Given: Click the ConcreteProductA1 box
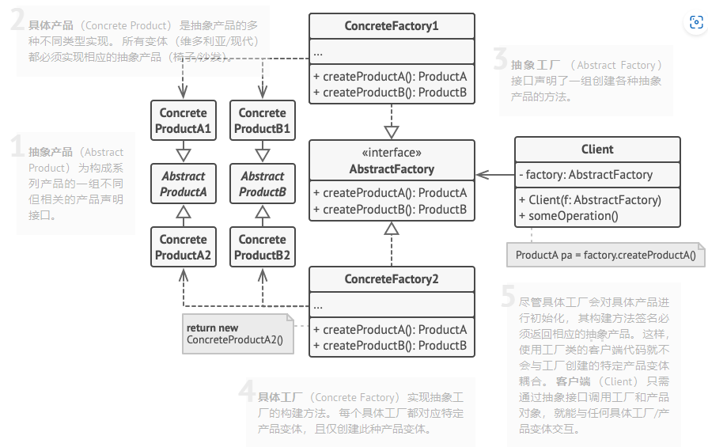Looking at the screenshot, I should click(x=184, y=121).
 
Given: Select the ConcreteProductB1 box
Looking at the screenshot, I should click(x=263, y=121).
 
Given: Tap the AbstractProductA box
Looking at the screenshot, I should click(x=184, y=184).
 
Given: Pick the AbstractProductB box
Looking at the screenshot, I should click(x=263, y=184).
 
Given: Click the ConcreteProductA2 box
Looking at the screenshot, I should click(x=184, y=247).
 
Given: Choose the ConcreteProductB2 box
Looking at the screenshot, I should click(x=263, y=247).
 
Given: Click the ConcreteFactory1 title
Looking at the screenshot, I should click(x=392, y=26).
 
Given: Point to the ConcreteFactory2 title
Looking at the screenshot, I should click(x=392, y=279).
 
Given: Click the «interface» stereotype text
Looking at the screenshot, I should click(x=392, y=153).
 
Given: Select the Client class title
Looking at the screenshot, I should click(x=597, y=150).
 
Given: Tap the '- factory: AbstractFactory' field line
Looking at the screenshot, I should click(x=586, y=175).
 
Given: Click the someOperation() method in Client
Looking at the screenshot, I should click(x=568, y=216).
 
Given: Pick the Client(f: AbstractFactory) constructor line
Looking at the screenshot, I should click(x=589, y=200).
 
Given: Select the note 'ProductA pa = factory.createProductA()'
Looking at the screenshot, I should click(x=605, y=255).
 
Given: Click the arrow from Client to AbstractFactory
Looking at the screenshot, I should click(x=495, y=175).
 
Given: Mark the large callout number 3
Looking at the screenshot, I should click(x=499, y=59).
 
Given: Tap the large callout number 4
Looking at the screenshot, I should click(x=246, y=392).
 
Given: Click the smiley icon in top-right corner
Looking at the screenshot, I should click(x=695, y=23).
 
